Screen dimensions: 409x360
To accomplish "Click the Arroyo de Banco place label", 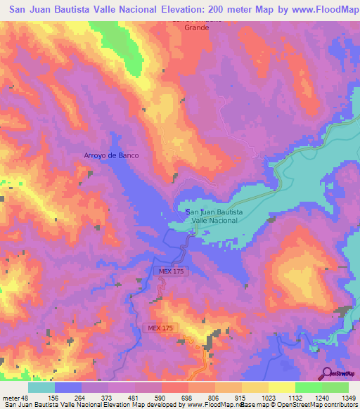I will coord(111,155).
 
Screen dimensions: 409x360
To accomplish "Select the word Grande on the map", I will coord(196,28).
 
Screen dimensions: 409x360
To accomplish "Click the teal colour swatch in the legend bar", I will coord(41,387).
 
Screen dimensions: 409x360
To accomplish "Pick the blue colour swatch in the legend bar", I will coord(68,387).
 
